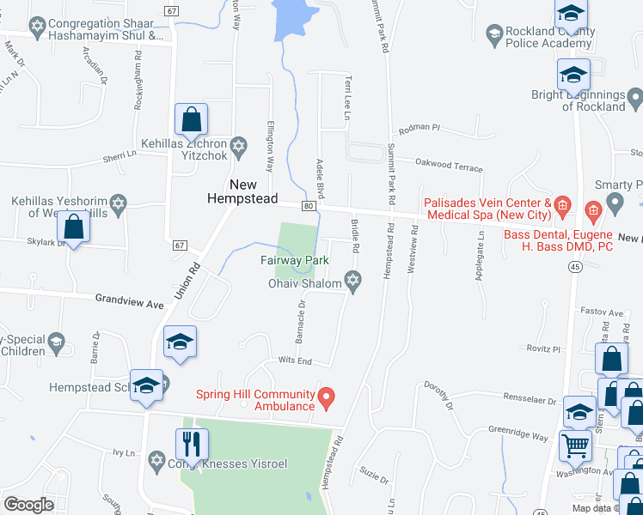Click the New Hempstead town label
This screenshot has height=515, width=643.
coord(243,191)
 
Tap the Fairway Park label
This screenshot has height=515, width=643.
coord(295,259)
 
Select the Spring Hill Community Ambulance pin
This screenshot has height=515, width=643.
coord(326,397)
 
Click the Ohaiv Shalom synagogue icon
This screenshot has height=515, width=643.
coord(352,279)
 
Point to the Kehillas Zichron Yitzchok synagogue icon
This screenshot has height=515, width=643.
coord(240,145)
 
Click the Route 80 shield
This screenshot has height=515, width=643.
coord(307,206)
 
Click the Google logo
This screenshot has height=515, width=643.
coord(28,504)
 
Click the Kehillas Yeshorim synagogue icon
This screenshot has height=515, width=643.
coord(119,203)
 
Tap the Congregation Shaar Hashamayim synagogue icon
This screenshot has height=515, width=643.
coord(37,27)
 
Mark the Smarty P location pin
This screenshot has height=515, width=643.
coord(614,203)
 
